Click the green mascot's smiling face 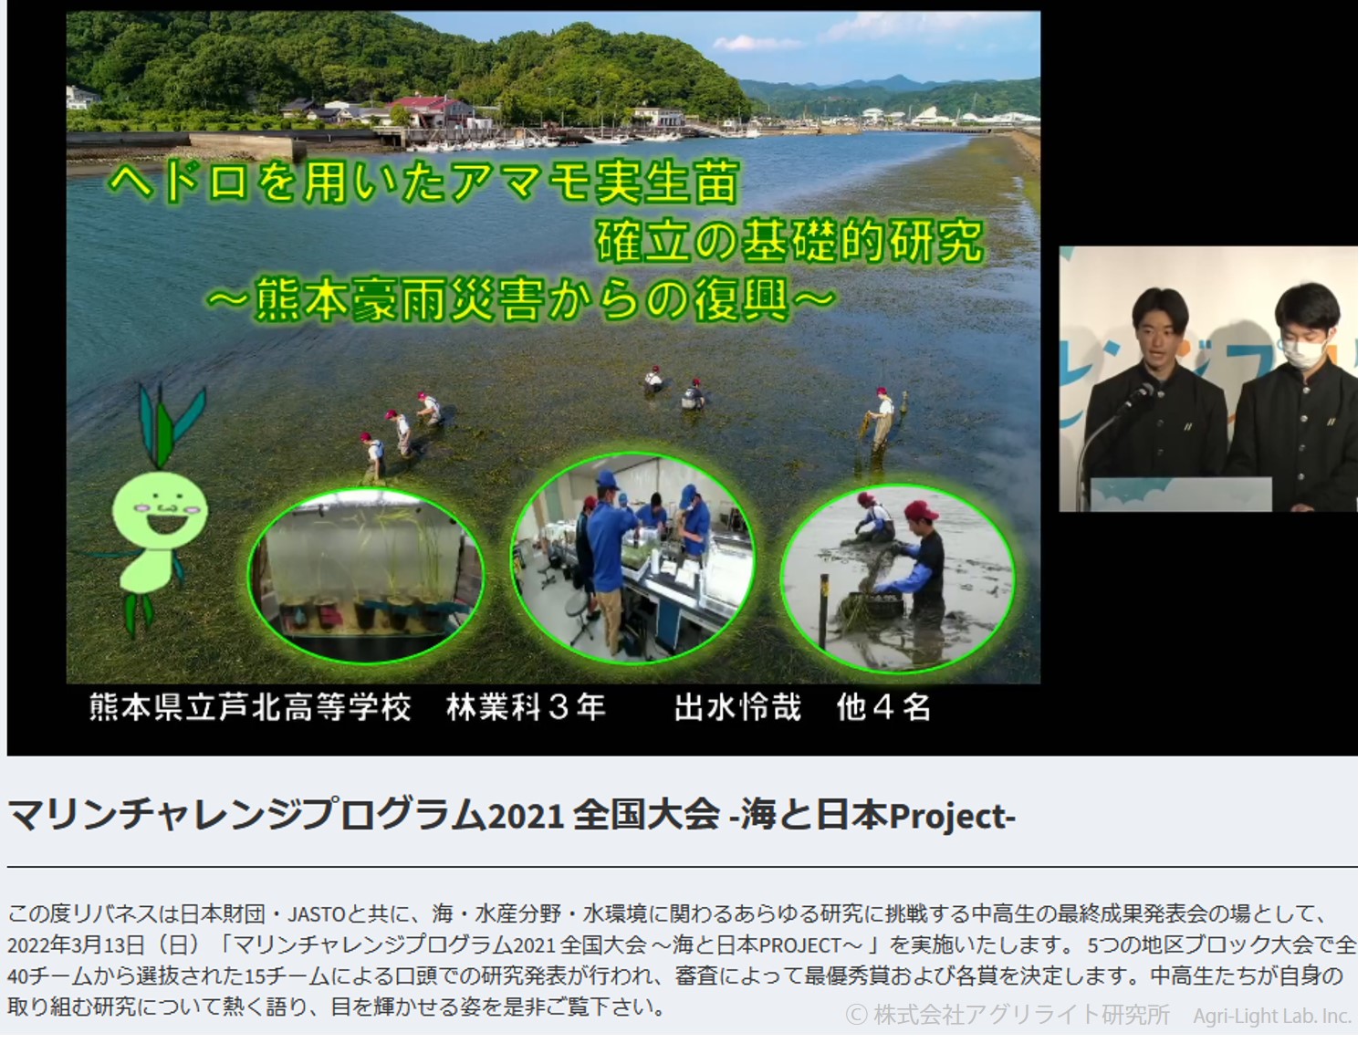[161, 510]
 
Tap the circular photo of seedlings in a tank [367, 576]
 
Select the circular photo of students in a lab [633, 557]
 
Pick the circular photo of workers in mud [898, 579]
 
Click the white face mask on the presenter [1303, 353]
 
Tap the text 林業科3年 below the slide [527, 708]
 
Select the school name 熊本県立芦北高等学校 [250, 708]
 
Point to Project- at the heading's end [953, 816]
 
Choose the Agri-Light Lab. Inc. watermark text [1272, 1017]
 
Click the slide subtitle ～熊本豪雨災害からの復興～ [521, 299]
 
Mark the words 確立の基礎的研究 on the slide [790, 241]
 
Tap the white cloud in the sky [757, 43]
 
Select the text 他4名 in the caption [883, 708]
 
